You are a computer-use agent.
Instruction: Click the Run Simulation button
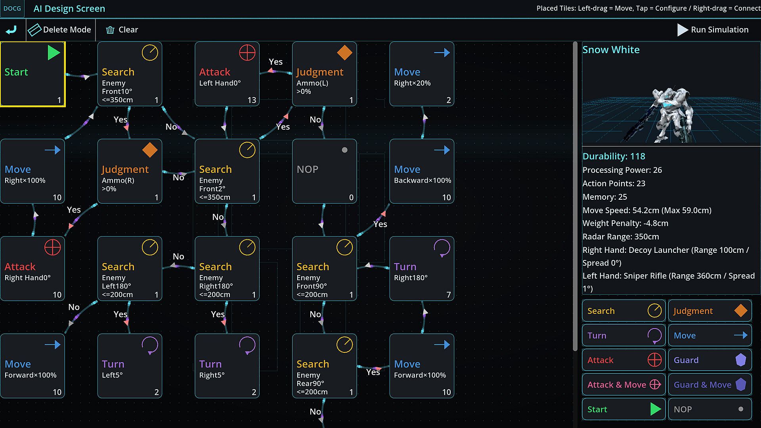pos(713,30)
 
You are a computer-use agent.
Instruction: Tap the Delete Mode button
pos(60,30)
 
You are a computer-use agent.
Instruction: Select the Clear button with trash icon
pos(122,30)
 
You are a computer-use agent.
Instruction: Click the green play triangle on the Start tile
pos(54,53)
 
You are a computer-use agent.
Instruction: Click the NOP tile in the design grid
pos(325,171)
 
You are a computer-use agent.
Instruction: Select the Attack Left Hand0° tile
pos(227,74)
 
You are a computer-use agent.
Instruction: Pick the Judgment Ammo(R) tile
pos(130,171)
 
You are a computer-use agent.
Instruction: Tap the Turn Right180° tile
pos(422,269)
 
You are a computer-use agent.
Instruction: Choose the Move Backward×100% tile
pos(422,171)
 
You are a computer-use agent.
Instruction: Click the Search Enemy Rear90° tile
pos(325,366)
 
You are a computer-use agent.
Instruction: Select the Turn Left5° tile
pos(130,366)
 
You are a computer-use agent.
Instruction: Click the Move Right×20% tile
pos(422,74)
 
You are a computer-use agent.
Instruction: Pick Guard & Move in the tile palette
pos(710,384)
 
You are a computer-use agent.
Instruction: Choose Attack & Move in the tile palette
pos(623,384)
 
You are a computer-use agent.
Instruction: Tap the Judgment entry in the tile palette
pos(710,311)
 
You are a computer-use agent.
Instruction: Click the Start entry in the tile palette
pos(623,409)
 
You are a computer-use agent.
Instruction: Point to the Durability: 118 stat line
pos(614,156)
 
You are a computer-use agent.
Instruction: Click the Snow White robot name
pos(611,50)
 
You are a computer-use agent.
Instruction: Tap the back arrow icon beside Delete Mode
pos(11,30)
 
